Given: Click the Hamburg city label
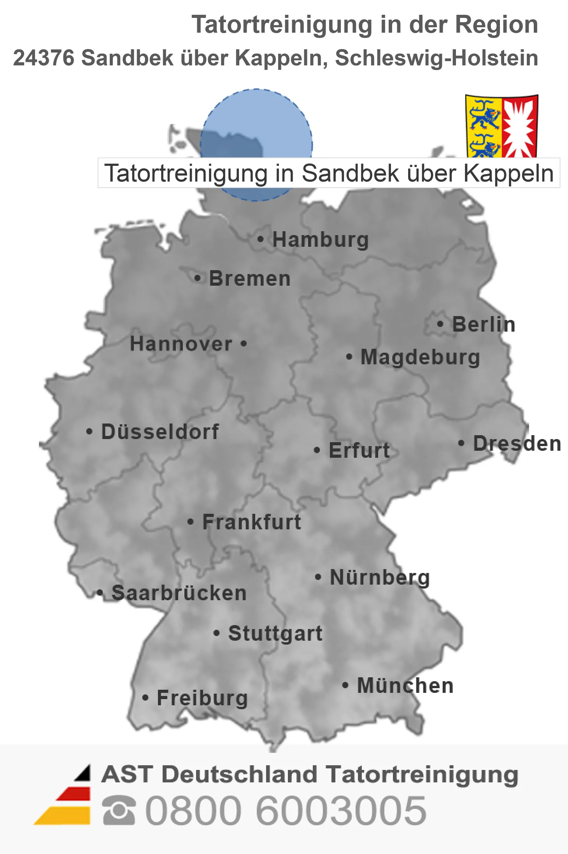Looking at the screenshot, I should (x=320, y=239).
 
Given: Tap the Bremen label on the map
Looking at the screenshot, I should (x=250, y=278).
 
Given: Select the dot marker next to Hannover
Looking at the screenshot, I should (x=244, y=344).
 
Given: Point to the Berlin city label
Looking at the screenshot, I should (x=484, y=324).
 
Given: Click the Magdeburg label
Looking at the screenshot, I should (x=420, y=357).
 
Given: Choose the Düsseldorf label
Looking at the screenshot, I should (x=160, y=432).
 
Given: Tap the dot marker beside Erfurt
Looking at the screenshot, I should (x=317, y=450).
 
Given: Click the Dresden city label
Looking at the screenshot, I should (x=517, y=443).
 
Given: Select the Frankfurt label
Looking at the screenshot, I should (x=252, y=522).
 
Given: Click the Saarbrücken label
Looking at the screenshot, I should (x=179, y=593).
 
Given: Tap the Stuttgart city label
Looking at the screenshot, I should (x=275, y=633).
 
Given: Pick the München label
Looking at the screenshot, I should (x=405, y=685).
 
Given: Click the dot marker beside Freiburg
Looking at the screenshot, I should (x=146, y=698).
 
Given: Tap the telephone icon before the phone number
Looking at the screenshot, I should (x=119, y=810).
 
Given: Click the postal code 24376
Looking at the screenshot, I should (x=44, y=58).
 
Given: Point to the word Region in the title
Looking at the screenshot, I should (x=496, y=25).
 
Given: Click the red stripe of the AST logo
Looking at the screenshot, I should (x=74, y=794).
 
